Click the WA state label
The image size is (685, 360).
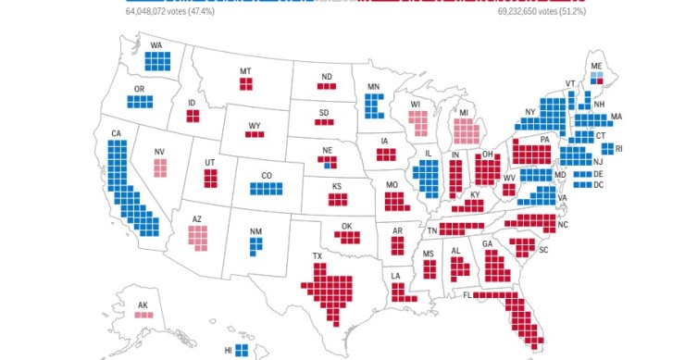[156, 44]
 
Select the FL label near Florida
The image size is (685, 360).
[468, 296]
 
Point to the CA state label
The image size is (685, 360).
[117, 134]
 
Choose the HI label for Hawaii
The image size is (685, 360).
[228, 351]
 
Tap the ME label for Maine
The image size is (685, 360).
[597, 65]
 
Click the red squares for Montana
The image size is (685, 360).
[246, 84]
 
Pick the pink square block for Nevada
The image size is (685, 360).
[160, 168]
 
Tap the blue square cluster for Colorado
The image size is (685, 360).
[266, 189]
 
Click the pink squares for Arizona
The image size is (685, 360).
[199, 238]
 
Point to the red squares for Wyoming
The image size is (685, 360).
[255, 135]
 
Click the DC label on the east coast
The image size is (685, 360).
[598, 186]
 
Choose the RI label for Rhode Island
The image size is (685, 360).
[620, 148]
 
